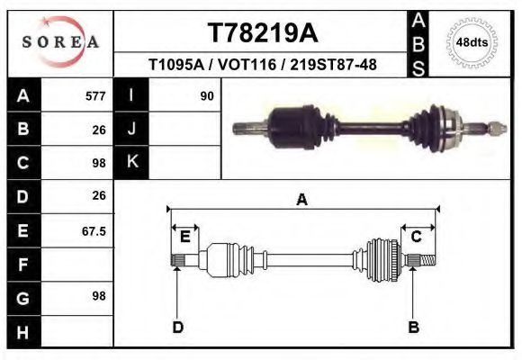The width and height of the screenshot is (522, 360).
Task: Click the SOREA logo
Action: pyautogui.click(x=60, y=42)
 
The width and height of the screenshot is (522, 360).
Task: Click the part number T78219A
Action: pyautogui.click(x=262, y=33)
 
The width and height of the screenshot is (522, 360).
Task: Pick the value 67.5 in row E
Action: pyautogui.click(x=94, y=231)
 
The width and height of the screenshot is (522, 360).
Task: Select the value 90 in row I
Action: pyautogui.click(x=206, y=95)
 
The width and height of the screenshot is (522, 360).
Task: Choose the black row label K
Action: pyautogui.click(x=131, y=163)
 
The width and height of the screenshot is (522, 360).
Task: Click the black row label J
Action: pyautogui.click(x=131, y=129)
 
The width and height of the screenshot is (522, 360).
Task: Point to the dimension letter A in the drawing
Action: pyautogui.click(x=301, y=201)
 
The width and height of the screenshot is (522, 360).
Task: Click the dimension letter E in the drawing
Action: pyautogui.click(x=184, y=237)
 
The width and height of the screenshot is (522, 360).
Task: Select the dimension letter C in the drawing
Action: pyautogui.click(x=417, y=237)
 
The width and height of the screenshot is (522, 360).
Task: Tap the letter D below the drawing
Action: pyautogui.click(x=177, y=328)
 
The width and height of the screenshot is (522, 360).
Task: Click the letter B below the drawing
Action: pyautogui.click(x=414, y=328)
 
